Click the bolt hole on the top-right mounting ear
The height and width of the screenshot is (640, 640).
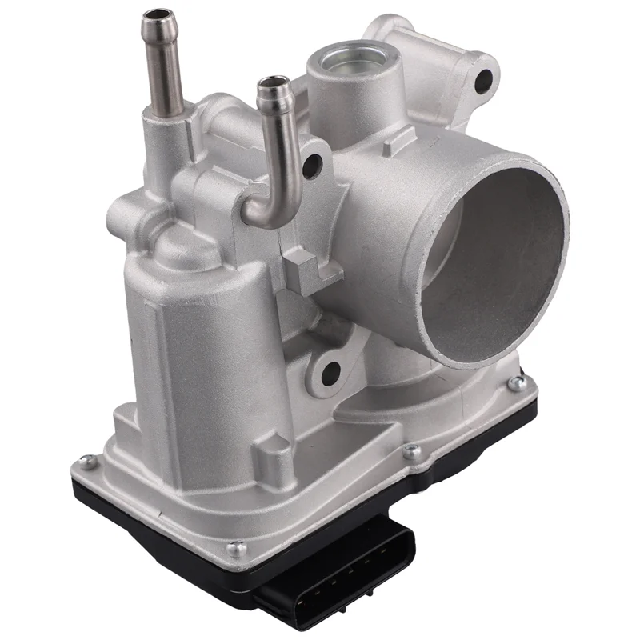(483, 79)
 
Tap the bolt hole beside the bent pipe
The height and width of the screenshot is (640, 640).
(312, 166)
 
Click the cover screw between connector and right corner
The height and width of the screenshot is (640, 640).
(412, 452)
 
